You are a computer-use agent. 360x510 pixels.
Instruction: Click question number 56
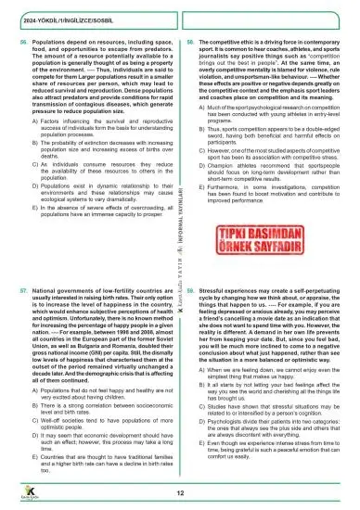(x=22, y=44)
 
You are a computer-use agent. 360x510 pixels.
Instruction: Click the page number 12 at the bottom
(x=180, y=492)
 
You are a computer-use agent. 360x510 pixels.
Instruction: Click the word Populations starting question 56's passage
(x=48, y=44)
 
